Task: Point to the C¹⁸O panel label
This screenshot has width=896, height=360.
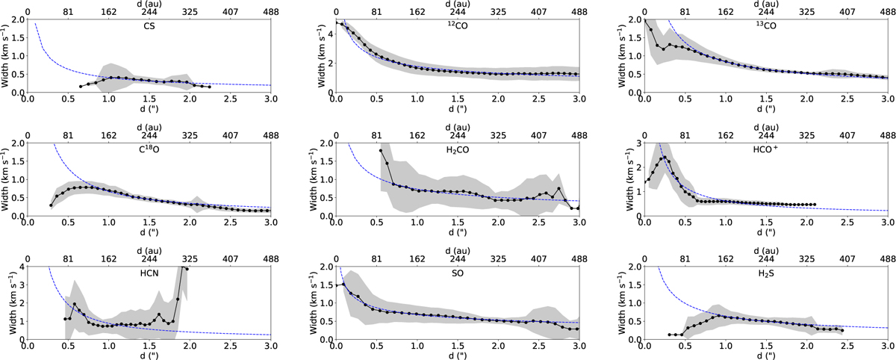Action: [x=148, y=148]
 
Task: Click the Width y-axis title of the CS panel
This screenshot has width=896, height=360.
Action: [x=6, y=57]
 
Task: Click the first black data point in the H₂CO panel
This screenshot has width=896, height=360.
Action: [x=381, y=151]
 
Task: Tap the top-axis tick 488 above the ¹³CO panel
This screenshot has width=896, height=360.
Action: [x=887, y=13]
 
